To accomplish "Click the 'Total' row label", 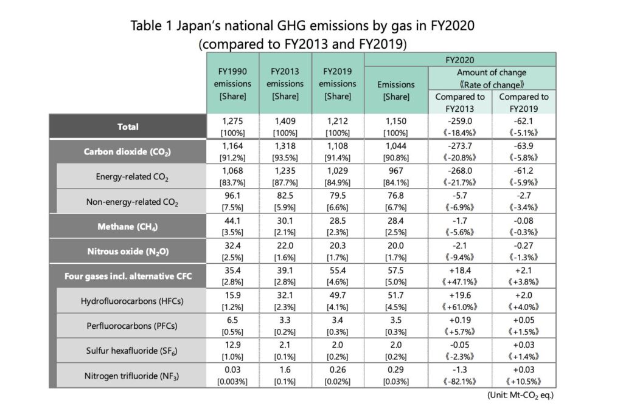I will pos(128,126).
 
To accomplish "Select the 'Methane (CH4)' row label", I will pos(128,226).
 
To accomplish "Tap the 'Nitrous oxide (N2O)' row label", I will pos(128,251).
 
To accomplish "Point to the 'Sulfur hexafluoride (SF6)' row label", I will pos(132,351).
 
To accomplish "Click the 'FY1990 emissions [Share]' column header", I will pos(232,84).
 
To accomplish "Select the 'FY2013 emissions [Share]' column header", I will pos(285,84).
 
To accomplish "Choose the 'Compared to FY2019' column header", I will pos(523,102).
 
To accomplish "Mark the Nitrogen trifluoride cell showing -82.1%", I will pos(460,382).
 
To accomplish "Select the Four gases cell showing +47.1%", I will pos(460,282).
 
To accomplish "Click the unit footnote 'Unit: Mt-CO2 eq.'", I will pos(521,395).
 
